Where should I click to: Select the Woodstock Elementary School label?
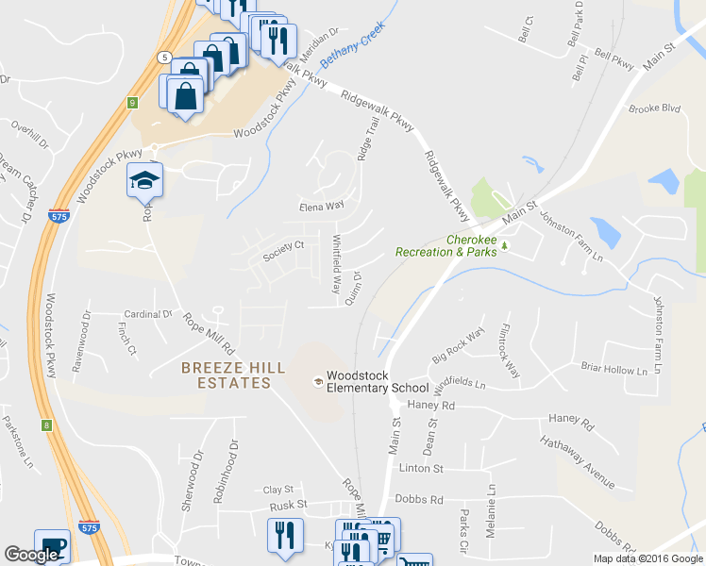(x=378, y=381)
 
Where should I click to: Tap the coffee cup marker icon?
(x=52, y=545)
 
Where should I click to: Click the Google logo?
(x=31, y=555)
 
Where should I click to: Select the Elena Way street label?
(x=322, y=206)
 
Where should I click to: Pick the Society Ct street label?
(x=284, y=250)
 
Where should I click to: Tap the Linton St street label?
(x=421, y=468)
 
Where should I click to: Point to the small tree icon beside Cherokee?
(x=504, y=246)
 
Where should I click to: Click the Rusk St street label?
(x=289, y=505)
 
